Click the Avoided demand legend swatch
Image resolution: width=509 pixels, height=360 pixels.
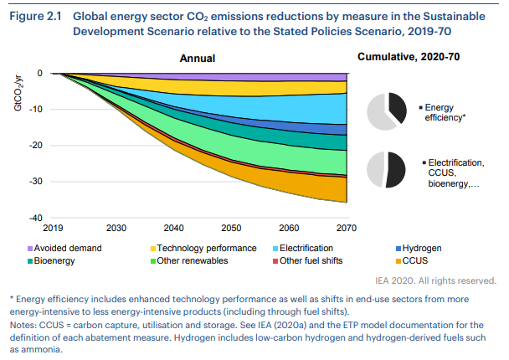click(30, 249)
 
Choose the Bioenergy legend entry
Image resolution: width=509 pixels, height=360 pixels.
click(55, 260)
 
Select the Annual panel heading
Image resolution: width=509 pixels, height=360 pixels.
click(198, 58)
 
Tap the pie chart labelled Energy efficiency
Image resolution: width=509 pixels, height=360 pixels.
click(390, 112)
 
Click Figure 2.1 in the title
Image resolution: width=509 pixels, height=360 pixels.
click(37, 15)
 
